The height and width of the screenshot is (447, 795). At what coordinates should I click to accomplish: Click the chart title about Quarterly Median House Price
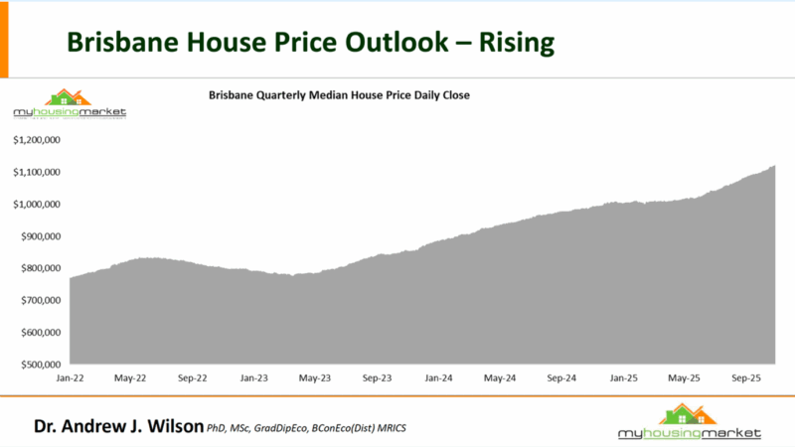[338, 95]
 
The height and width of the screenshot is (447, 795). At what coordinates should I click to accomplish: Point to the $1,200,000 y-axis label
[38, 140]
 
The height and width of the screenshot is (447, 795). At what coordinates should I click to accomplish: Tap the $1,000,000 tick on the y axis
[38, 205]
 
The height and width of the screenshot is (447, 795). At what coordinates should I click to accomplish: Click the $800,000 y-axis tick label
[41, 268]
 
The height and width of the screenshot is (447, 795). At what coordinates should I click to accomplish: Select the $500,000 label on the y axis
[41, 365]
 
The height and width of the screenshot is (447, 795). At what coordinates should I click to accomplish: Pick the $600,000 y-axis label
[41, 333]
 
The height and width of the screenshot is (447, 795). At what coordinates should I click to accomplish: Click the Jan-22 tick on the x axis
[70, 378]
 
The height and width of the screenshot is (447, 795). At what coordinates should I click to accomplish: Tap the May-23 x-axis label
[314, 378]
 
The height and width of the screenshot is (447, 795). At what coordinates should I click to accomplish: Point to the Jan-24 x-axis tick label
[438, 378]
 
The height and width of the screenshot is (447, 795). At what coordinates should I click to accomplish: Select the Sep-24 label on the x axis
[560, 378]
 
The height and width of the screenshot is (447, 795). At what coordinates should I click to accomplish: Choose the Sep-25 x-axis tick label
[745, 378]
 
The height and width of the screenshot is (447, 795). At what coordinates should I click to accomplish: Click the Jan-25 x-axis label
[623, 378]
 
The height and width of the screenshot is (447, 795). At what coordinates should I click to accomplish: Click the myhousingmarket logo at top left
[69, 104]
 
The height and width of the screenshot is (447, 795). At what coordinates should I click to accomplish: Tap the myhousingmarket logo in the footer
[689, 422]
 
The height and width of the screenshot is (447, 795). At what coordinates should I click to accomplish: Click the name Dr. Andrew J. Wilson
[117, 427]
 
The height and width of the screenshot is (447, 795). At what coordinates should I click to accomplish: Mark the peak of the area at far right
[773, 167]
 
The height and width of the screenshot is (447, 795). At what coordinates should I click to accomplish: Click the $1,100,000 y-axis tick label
[38, 173]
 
